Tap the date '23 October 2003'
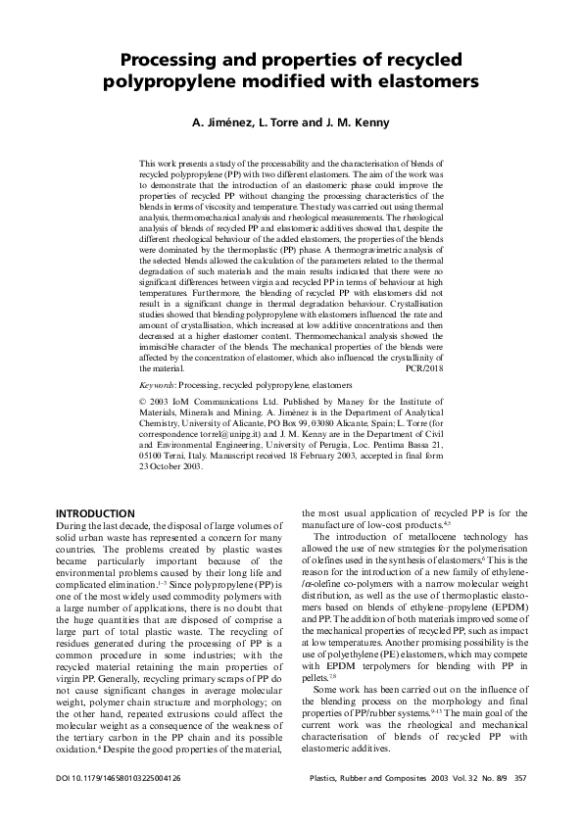pyautogui.click(x=171, y=493)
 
